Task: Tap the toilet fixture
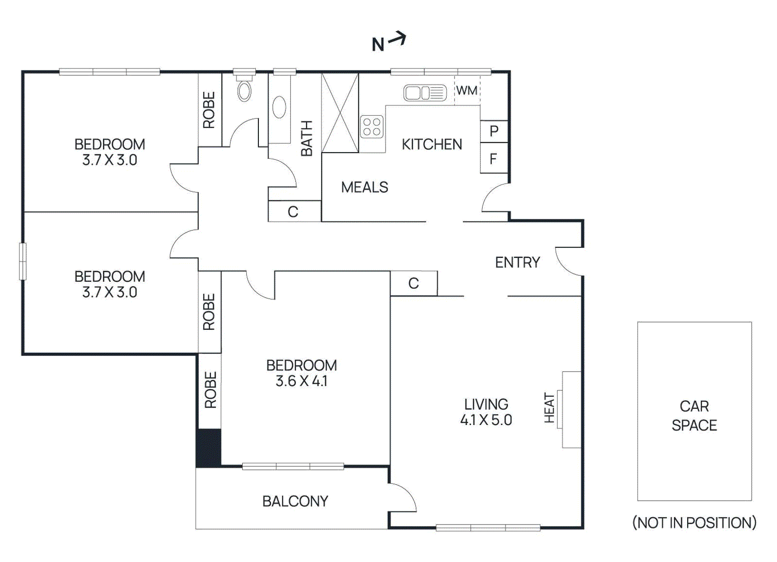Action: [244, 90]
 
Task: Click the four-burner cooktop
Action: [372, 127]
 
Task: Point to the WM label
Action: [467, 90]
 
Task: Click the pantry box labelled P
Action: [494, 131]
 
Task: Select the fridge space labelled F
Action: [493, 158]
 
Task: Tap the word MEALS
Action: [364, 187]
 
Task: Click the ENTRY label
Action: [517, 262]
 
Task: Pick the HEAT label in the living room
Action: [549, 408]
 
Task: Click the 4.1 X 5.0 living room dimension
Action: [486, 420]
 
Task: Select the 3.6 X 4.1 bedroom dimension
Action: [301, 381]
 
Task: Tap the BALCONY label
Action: [295, 501]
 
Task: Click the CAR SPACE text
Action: [694, 415]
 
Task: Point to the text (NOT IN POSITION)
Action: [694, 523]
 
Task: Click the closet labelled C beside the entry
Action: [414, 283]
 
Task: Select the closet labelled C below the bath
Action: [293, 212]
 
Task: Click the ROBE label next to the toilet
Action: [209, 110]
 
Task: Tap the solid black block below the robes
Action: [208, 447]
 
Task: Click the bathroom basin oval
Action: [279, 107]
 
